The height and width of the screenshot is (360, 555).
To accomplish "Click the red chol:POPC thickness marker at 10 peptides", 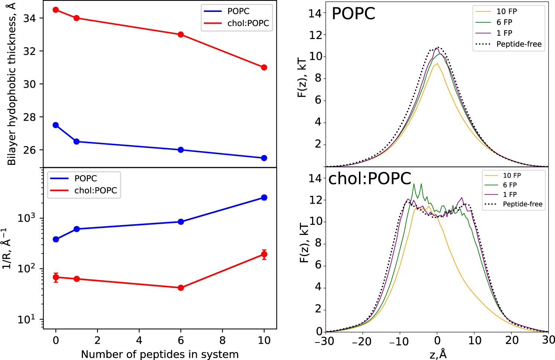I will point(264,67).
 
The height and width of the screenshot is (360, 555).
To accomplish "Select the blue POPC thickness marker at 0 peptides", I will point(56,125).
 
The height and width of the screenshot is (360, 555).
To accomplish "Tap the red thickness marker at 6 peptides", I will point(181,35).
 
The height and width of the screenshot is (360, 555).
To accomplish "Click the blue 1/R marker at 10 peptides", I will point(264,198).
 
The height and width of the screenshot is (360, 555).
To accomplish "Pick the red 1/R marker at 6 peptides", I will point(181,288).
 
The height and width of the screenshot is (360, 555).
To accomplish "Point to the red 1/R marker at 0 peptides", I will point(56,277).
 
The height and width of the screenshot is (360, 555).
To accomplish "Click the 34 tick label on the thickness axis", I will point(29,18).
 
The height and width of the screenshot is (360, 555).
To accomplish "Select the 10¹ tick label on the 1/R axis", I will point(27,319).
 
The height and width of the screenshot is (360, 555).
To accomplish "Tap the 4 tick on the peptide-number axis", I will point(139,340).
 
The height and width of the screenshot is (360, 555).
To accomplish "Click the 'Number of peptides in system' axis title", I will point(160,354).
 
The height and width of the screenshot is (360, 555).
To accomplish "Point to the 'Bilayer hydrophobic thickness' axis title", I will point(12,84).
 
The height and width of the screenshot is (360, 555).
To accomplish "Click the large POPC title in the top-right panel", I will point(353,14).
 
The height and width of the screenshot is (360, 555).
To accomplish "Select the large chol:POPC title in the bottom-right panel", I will point(369,179).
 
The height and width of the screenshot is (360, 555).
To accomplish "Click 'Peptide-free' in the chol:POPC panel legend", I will point(523,204).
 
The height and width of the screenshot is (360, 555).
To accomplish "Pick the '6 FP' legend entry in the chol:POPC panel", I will point(510,185).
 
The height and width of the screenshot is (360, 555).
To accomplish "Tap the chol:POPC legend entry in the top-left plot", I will point(248,23).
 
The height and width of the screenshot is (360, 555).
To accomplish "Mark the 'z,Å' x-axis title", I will point(438,354).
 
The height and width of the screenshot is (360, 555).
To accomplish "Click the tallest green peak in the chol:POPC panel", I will point(421,184).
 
